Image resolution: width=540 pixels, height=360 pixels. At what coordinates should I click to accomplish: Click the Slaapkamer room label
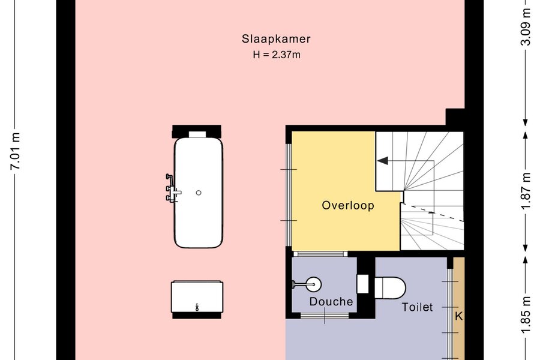276,39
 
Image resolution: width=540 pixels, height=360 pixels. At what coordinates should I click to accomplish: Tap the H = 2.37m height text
277,55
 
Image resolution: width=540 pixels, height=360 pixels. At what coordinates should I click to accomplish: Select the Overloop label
348,206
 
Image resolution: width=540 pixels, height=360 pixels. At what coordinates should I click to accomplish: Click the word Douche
331,302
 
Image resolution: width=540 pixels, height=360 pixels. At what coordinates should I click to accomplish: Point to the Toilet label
417,307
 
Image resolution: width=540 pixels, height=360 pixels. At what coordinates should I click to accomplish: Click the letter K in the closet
459,316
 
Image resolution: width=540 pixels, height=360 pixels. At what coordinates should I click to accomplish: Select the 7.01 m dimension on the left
16,151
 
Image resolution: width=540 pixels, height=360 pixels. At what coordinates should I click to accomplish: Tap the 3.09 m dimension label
526,27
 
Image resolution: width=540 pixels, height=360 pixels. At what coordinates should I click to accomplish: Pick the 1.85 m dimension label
526,315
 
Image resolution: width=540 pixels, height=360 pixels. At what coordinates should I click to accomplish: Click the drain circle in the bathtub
199,193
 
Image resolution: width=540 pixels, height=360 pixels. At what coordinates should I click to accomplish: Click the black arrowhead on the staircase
383,161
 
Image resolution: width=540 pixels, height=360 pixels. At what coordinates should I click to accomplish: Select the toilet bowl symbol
390,287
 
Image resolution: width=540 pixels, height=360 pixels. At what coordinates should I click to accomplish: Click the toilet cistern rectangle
362,284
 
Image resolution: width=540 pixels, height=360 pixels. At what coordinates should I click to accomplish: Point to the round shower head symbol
313,284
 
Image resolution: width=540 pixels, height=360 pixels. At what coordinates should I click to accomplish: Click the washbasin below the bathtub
197,296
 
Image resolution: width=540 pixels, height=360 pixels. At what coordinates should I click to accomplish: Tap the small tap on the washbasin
197,307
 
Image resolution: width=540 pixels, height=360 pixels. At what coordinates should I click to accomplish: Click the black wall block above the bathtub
197,131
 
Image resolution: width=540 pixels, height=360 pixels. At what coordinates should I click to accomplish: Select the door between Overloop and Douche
320,254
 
